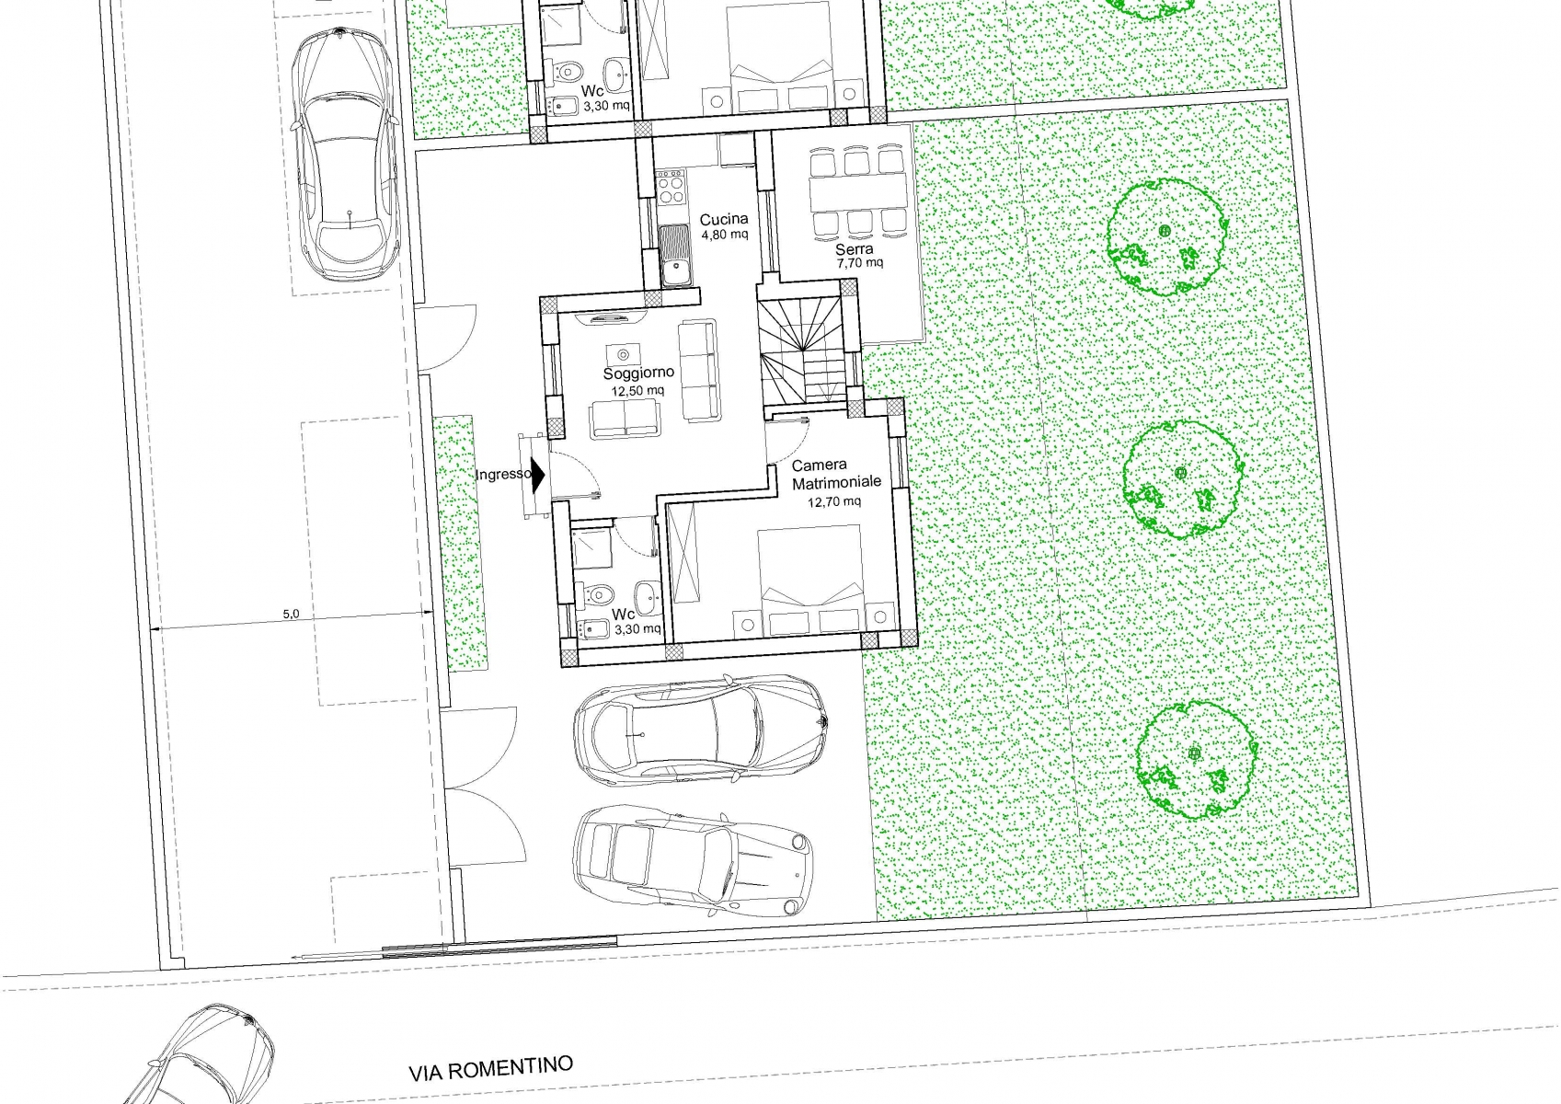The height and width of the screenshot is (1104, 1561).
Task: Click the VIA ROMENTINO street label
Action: [490, 1069]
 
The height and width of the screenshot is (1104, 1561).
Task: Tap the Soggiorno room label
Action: [638, 374]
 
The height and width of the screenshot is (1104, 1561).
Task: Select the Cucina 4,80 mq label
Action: [725, 226]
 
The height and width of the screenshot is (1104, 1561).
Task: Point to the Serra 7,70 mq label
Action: [858, 255]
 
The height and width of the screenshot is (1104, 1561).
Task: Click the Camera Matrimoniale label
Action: [836, 473]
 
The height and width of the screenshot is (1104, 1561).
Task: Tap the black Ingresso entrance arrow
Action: [537, 475]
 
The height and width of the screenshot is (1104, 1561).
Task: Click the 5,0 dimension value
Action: [291, 614]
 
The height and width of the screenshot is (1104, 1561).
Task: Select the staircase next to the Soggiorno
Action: [803, 350]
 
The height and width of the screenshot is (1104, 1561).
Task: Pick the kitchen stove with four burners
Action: [671, 187]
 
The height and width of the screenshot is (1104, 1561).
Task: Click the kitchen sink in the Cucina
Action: [674, 256]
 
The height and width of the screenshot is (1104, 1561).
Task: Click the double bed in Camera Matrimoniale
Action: [809, 580]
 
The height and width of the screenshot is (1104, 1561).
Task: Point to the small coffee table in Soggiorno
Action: [623, 355]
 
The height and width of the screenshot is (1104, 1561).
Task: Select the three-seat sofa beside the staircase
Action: [698, 371]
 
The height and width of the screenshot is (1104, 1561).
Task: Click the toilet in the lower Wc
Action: [596, 594]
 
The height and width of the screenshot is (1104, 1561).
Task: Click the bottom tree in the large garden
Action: [1196, 760]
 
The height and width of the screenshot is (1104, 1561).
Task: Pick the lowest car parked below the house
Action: [693, 861]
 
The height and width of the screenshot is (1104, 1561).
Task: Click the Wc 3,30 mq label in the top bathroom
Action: [605, 99]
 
